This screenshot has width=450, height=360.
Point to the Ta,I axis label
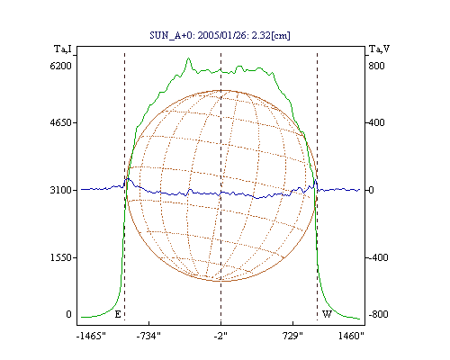point(63,49)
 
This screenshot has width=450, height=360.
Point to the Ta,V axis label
point(379,49)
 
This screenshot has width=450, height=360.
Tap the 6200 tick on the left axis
point(61,66)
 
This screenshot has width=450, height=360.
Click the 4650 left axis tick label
point(61,122)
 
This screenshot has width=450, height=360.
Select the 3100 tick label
point(61,190)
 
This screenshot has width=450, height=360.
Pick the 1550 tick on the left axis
point(61,257)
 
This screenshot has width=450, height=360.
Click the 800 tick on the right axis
point(376,66)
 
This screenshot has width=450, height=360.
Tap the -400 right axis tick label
point(378,257)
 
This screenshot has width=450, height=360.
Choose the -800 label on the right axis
point(378,314)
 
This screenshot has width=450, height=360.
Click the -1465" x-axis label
point(91,336)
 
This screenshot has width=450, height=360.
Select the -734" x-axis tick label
point(148,336)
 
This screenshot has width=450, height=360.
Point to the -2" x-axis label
point(220,336)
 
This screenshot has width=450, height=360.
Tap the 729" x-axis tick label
point(292,336)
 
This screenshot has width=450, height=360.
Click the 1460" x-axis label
point(351,336)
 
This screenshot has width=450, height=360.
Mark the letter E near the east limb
point(118,314)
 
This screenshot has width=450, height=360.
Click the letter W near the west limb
point(327,314)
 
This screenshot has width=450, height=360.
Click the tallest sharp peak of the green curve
point(188,58)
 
